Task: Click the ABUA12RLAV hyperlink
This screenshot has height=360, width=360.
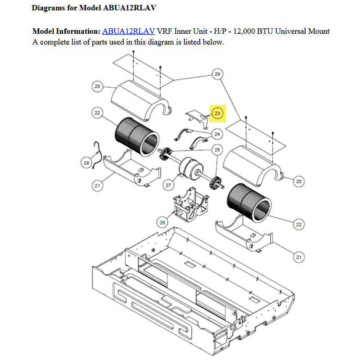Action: click(128, 31)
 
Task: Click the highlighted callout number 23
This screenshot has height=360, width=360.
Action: click(217, 113)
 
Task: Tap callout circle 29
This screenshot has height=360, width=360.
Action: click(217, 74)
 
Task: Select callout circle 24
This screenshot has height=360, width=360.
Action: click(217, 134)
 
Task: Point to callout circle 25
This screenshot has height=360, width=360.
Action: click(217, 150)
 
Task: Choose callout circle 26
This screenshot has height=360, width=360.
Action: click(162, 222)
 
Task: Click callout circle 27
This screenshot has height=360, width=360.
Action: click(168, 185)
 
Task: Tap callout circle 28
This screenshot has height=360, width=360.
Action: click(86, 163)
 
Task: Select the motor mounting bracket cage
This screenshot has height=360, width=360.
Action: click(190, 205)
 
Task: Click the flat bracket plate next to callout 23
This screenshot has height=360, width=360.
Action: click(197, 118)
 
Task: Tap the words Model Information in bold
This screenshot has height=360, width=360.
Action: click(66, 31)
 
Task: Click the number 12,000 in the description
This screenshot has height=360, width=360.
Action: click(244, 31)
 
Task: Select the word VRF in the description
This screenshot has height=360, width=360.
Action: click(164, 31)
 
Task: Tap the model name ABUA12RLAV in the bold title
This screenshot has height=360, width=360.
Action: click(130, 8)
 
